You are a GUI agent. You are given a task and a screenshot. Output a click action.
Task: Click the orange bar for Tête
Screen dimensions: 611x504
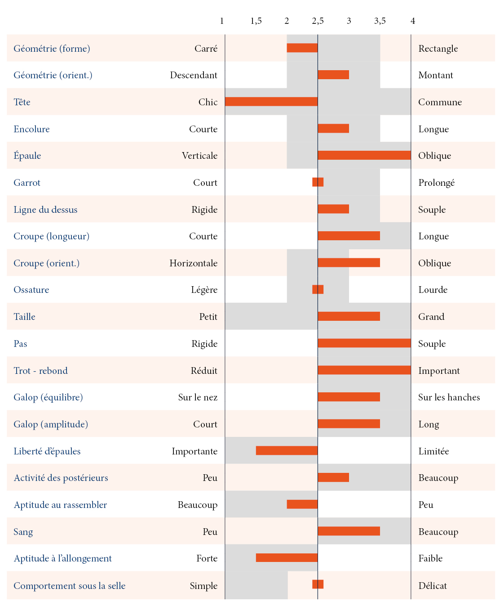point(271,102)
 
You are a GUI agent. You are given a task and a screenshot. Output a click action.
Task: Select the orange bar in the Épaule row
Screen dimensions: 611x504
point(364,155)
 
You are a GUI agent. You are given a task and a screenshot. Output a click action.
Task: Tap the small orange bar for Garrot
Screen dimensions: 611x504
point(318,182)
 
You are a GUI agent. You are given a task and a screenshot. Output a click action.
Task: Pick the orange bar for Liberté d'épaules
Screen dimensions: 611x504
point(287,450)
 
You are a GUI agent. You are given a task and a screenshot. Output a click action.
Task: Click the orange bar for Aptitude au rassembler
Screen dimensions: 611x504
point(302,504)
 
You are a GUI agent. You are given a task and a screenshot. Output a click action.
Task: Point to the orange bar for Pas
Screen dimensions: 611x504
point(364,343)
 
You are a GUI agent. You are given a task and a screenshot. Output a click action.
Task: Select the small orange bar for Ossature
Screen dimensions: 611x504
point(318,289)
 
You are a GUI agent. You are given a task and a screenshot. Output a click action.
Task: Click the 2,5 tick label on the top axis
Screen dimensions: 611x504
point(318,21)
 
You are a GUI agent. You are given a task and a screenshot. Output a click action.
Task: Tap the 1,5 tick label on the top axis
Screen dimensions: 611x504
point(256,21)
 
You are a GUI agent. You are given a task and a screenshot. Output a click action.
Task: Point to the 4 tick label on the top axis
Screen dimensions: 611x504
point(413,21)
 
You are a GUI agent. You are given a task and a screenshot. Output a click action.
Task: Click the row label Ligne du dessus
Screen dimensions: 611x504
point(45,210)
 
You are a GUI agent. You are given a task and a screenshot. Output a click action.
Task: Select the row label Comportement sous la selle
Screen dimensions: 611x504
point(70,586)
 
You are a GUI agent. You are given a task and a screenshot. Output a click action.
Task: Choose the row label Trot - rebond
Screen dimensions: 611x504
point(41,371)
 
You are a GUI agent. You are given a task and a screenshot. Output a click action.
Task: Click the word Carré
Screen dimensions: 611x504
point(206,49)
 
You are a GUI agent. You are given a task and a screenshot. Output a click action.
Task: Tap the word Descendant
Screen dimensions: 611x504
point(194,75)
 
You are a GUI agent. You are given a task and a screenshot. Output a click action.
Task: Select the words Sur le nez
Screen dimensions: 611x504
point(198,397)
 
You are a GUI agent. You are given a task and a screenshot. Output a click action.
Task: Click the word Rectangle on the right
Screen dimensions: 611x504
point(438,49)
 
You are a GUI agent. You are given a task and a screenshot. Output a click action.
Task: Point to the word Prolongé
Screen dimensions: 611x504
point(436,183)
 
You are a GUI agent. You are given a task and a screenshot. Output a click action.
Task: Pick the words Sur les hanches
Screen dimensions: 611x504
point(449,397)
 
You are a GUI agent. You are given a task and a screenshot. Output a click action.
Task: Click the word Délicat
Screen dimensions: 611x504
point(433,586)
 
